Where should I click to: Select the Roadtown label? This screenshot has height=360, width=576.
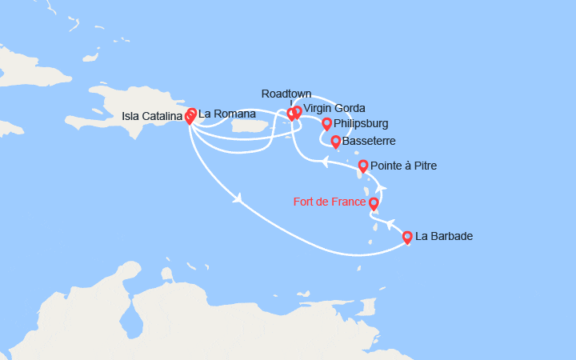(x=286, y=94)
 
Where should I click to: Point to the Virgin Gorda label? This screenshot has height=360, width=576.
(x=334, y=109)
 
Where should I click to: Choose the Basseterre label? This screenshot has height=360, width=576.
(x=368, y=142)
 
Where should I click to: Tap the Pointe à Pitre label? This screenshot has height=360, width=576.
(x=404, y=166)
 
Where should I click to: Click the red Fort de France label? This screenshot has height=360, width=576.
(x=330, y=202)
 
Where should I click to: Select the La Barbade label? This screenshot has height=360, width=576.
(x=444, y=237)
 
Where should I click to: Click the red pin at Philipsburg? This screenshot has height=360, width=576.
(x=326, y=124)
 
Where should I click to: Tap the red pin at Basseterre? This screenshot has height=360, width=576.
(x=335, y=142)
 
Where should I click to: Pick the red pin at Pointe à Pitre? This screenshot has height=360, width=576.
(x=363, y=166)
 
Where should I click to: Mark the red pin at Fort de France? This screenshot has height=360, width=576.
(x=374, y=204)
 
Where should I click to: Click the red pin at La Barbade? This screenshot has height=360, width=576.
(x=407, y=237)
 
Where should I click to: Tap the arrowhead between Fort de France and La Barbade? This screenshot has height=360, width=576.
(x=390, y=225)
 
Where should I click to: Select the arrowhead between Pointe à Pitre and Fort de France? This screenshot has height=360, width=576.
(x=381, y=189)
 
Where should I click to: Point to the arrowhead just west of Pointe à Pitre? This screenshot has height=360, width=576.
(x=326, y=162)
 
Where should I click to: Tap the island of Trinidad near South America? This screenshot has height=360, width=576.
(x=368, y=309)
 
